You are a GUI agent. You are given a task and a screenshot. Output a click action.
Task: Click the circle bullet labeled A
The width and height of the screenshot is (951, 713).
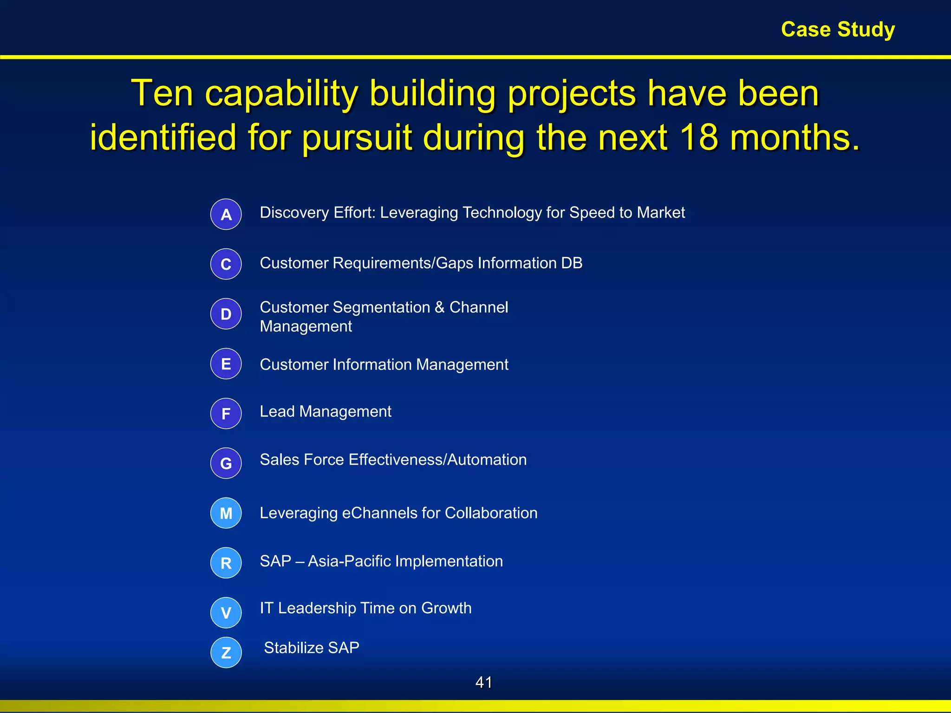click(226, 214)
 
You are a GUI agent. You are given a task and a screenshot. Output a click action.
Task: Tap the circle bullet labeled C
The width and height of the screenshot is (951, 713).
click(226, 264)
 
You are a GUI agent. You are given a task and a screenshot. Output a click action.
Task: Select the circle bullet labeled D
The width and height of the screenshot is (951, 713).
click(226, 314)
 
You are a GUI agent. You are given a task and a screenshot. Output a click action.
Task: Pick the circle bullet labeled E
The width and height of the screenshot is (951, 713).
click(226, 364)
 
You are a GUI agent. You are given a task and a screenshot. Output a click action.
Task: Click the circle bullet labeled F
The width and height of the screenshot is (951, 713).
click(226, 414)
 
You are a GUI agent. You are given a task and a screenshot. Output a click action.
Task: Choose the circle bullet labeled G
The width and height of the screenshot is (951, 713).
click(226, 463)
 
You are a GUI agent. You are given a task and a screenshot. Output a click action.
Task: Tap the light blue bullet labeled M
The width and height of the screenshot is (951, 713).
click(226, 513)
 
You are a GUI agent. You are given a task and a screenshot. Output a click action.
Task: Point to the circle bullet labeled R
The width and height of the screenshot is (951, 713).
click(226, 563)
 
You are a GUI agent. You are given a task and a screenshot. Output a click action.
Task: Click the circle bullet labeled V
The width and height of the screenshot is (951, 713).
click(226, 613)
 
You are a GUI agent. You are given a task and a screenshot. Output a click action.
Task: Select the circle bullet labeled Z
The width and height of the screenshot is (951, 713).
click(226, 653)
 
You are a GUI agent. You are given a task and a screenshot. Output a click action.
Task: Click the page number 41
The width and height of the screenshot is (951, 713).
click(483, 682)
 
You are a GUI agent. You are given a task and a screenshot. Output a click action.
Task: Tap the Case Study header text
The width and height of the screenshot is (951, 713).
click(838, 30)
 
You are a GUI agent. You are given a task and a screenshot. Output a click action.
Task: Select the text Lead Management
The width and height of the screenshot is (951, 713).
click(326, 412)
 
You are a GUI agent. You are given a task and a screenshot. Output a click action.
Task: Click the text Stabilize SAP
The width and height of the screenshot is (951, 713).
click(312, 648)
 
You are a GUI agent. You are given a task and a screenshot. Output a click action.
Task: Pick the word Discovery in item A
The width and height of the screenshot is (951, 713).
click(294, 213)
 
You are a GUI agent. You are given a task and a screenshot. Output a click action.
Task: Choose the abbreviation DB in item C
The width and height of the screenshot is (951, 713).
click(572, 263)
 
